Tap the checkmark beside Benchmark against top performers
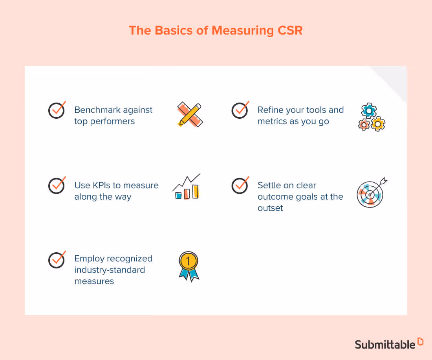(x=57, y=110)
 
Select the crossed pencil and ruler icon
(x=190, y=115)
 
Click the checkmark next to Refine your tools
(x=240, y=110)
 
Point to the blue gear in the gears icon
(x=369, y=110)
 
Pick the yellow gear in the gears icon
(x=378, y=124)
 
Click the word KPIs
(x=103, y=186)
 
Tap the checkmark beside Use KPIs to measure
(x=57, y=186)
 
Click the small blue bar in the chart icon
(x=178, y=195)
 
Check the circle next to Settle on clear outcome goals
(x=240, y=186)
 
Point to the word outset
(x=270, y=208)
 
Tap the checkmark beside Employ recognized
(x=57, y=259)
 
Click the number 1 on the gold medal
(x=188, y=260)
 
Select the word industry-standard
(x=110, y=270)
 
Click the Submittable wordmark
(x=385, y=344)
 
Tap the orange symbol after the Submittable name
(x=421, y=342)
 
